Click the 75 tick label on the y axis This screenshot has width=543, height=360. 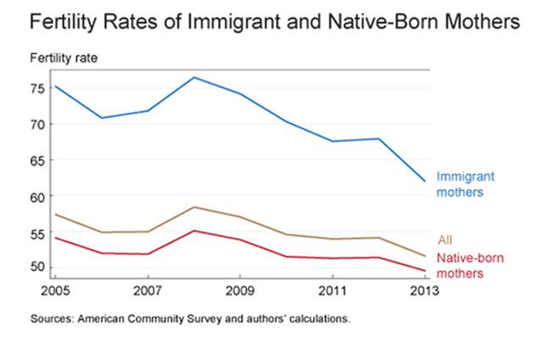pos(37,88)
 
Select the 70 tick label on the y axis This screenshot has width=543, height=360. pos(37,124)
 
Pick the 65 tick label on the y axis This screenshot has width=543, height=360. pos(37,160)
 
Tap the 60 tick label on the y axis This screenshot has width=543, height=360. pos(37,196)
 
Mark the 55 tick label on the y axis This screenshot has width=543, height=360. pos(37,232)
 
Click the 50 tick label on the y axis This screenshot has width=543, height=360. pos(37,267)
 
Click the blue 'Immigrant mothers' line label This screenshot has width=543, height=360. pos(465,184)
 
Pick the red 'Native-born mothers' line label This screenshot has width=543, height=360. pos(466,266)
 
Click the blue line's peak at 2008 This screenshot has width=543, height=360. pos(193,77)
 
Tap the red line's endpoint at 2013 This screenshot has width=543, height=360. pos(424,271)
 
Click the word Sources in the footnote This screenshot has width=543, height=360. pos(50,320)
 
